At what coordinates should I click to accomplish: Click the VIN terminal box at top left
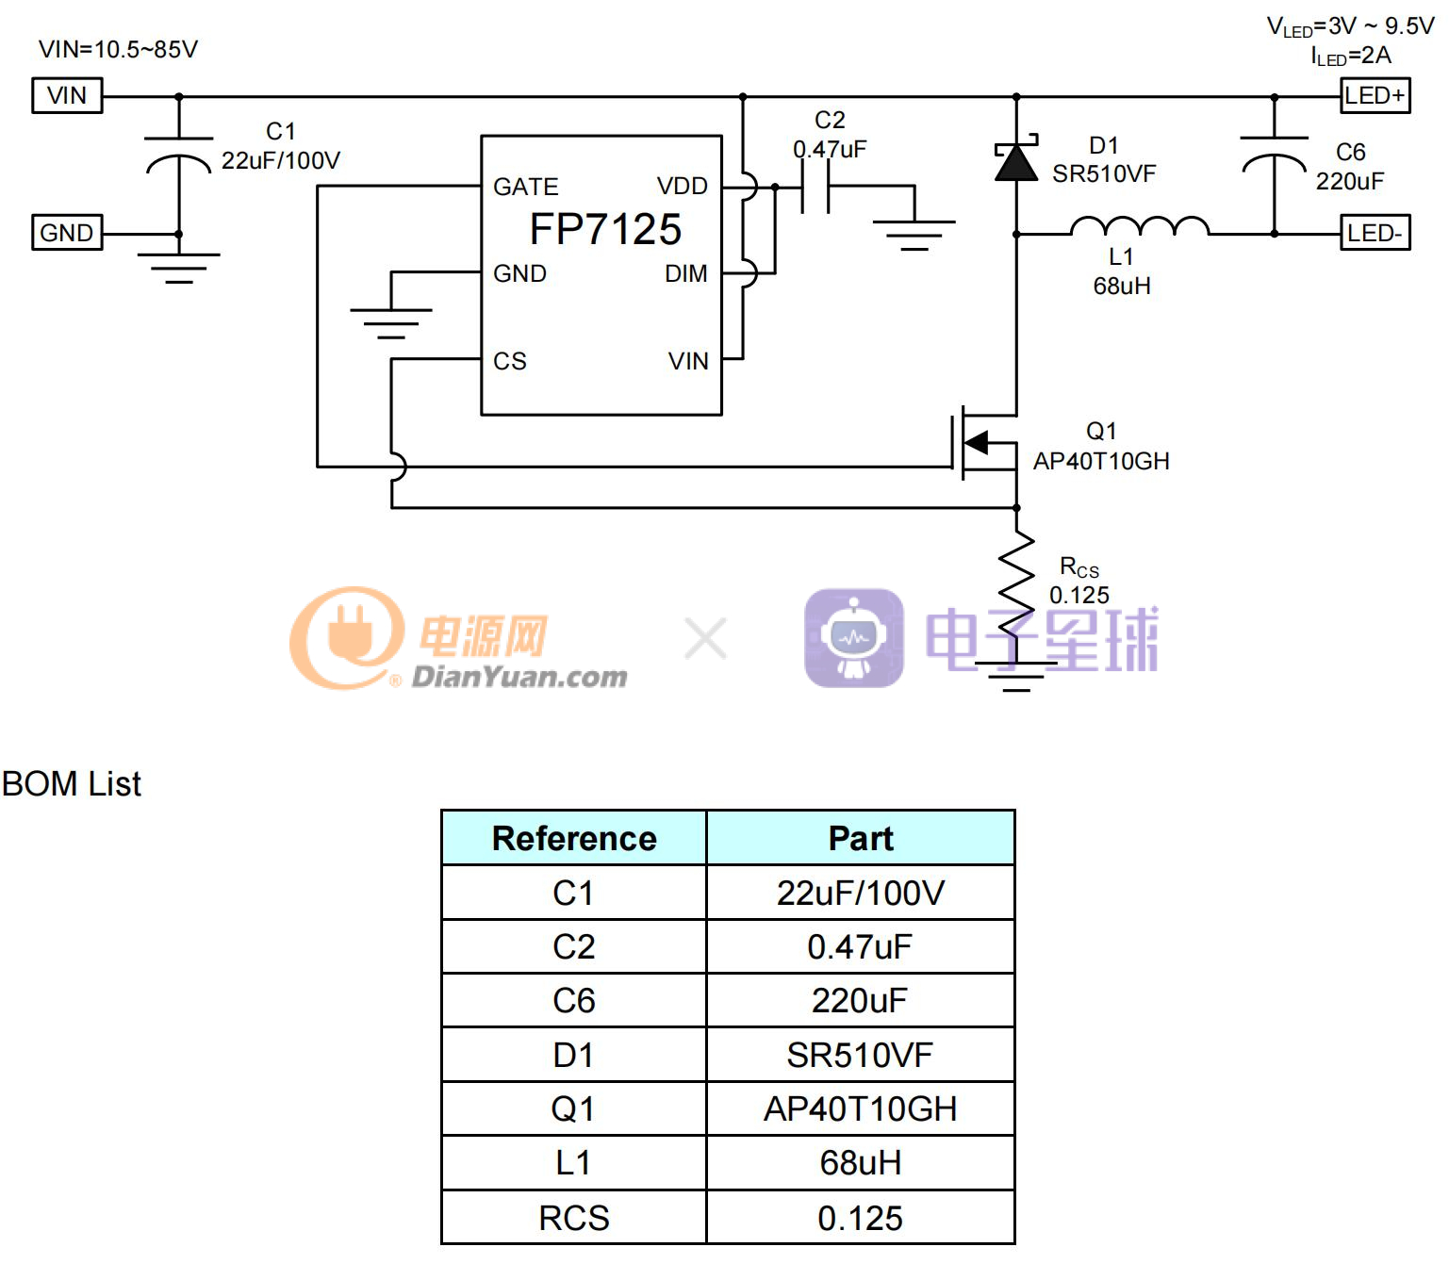click(x=67, y=95)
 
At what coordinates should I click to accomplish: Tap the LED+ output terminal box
click(x=1375, y=95)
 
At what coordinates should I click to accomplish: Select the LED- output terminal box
click(x=1375, y=232)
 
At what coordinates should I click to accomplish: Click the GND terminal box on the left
click(x=67, y=232)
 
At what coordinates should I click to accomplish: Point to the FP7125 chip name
click(x=605, y=229)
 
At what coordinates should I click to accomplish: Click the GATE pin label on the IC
click(x=525, y=187)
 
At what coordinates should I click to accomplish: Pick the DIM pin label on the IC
click(x=685, y=273)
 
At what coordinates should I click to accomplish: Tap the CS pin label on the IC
click(x=509, y=361)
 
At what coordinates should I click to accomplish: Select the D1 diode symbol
click(x=1016, y=162)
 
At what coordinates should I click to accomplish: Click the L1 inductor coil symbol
click(x=1139, y=226)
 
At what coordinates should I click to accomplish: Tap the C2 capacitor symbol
click(x=815, y=187)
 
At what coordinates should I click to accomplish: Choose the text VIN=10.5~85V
click(x=118, y=49)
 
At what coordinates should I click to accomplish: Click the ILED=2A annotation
click(x=1350, y=57)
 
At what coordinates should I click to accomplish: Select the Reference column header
click(x=574, y=838)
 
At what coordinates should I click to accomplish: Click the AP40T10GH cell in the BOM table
click(x=860, y=1108)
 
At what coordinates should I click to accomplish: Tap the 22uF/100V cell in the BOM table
click(x=860, y=893)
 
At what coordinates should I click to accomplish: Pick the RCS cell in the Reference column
click(x=574, y=1218)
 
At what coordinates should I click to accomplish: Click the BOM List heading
click(x=72, y=783)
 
